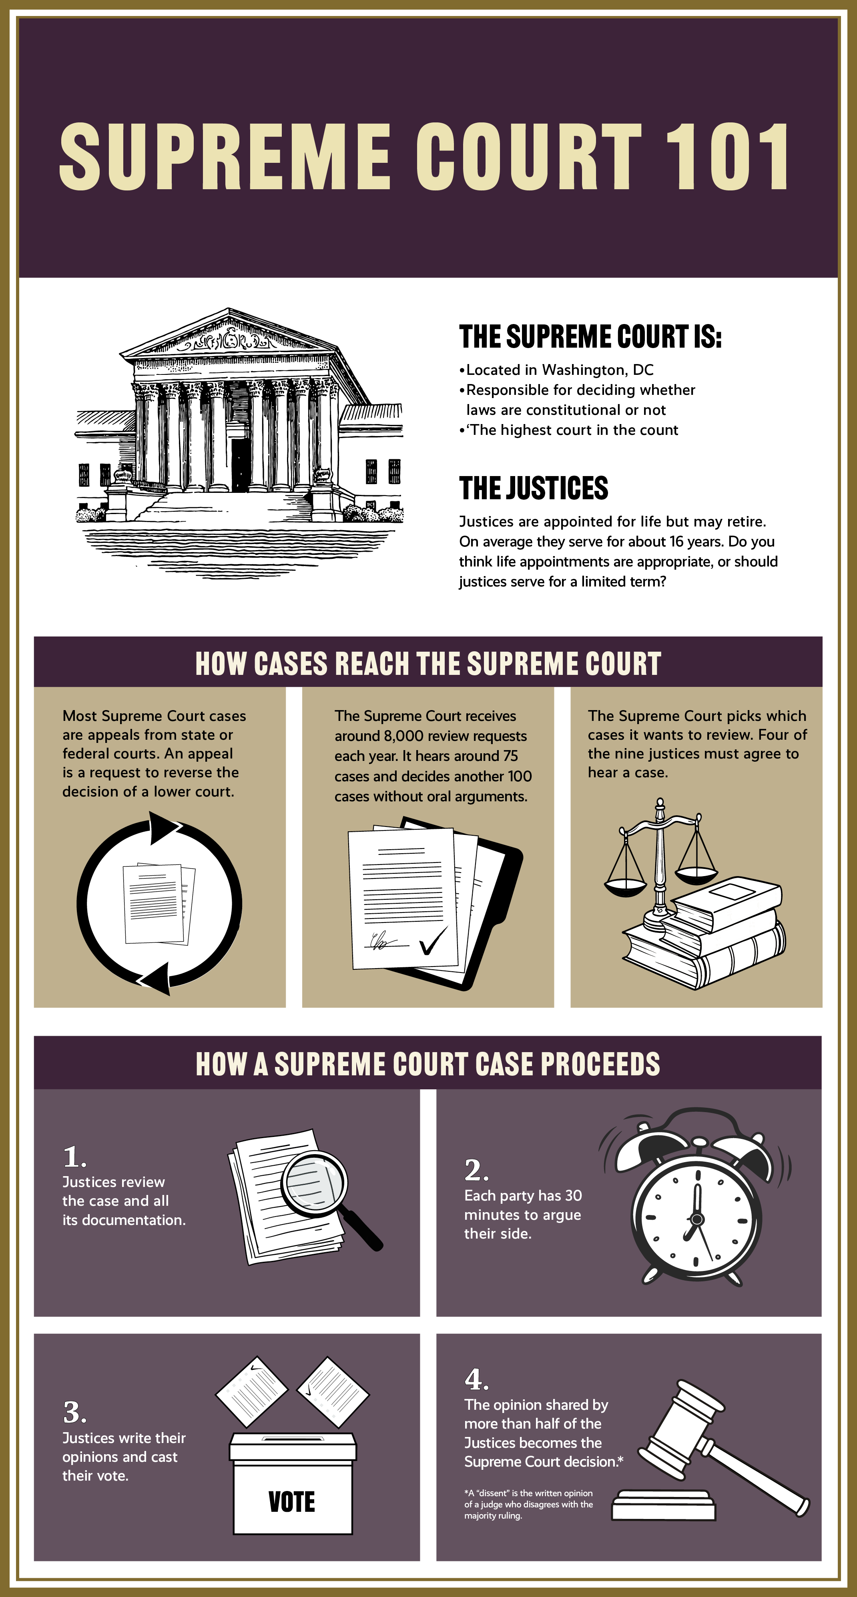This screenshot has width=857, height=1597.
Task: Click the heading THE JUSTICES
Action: [533, 488]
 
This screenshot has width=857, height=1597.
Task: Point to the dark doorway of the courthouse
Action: [241, 465]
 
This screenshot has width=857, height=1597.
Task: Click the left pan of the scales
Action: [625, 887]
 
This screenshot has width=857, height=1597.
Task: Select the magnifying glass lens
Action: [313, 1183]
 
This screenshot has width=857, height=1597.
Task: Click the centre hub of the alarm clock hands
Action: [697, 1219]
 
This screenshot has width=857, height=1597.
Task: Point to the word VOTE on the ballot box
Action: [292, 1501]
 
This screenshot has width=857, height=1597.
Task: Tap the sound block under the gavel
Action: [664, 1507]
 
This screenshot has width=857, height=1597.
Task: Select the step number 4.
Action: [476, 1379]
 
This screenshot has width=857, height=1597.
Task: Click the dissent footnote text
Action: [528, 1504]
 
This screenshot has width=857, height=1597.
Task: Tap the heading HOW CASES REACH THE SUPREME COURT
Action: [428, 663]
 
